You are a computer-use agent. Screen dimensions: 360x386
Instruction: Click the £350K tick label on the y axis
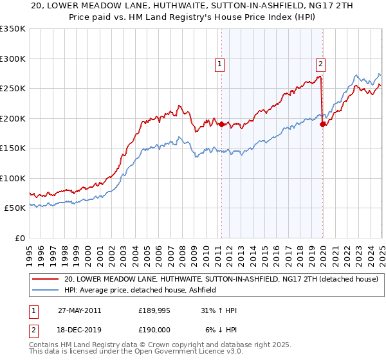[13, 29]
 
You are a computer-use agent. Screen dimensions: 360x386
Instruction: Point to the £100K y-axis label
[13, 178]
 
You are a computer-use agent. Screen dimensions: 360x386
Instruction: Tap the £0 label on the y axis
[19, 238]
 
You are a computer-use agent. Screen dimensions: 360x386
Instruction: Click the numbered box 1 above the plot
[220, 64]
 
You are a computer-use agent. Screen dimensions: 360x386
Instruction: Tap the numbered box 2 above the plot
[320, 64]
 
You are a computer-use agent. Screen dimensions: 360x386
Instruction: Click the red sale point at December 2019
[322, 125]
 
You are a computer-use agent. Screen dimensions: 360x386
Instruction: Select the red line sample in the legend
[45, 280]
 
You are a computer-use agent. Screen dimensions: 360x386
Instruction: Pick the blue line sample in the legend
[45, 291]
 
